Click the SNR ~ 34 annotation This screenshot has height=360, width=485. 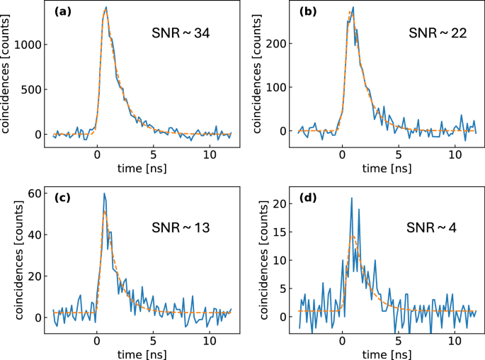coord(180,33)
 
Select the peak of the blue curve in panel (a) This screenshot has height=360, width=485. coord(106,8)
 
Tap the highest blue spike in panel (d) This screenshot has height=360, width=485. coord(350,198)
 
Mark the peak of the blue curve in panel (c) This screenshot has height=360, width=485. coord(104,193)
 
